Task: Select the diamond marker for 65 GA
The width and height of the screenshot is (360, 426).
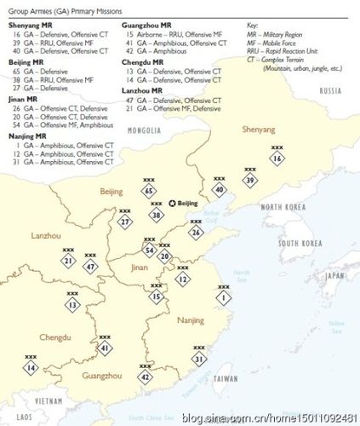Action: (x=149, y=192)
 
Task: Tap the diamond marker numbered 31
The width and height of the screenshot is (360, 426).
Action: (x=198, y=359)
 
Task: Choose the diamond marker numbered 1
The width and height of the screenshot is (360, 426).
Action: (x=224, y=299)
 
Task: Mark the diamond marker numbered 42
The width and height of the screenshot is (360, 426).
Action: (x=146, y=376)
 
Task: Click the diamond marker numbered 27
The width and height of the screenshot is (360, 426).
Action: (x=125, y=222)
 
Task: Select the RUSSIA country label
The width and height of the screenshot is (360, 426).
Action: (x=330, y=89)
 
